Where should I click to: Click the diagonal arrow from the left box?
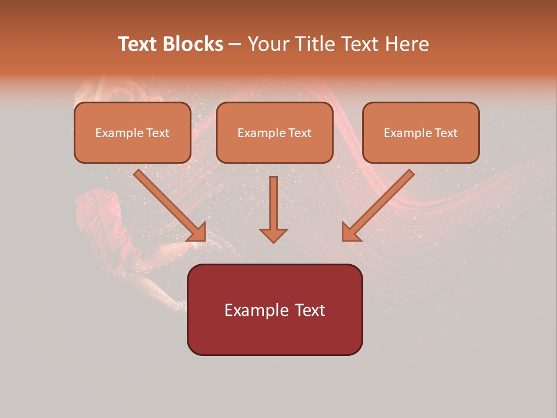point(168,204)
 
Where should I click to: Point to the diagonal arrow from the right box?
point(380,204)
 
